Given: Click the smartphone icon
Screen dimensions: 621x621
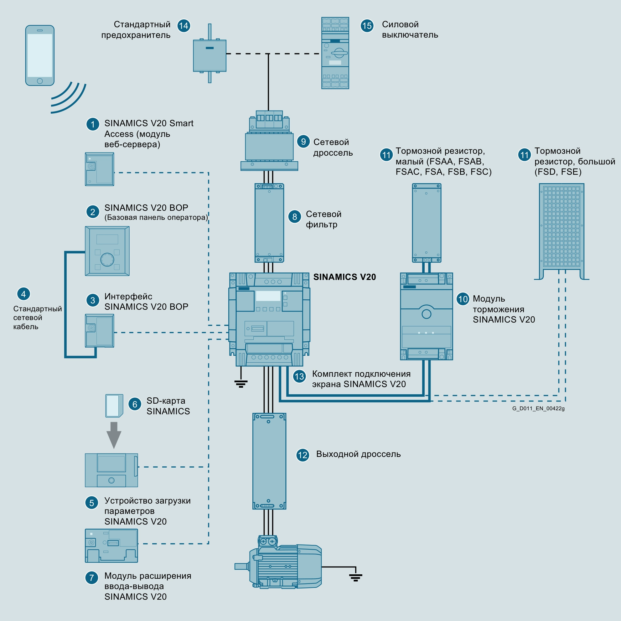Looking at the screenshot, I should [x=40, y=55].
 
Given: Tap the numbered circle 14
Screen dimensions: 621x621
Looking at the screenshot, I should [x=184, y=26].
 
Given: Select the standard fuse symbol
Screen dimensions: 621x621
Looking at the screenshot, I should [x=210, y=55].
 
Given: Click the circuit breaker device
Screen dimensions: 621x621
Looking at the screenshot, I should [x=335, y=53].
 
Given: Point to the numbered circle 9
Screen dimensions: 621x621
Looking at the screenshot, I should [x=303, y=142].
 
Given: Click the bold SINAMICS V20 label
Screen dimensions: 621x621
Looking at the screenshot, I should [x=344, y=277].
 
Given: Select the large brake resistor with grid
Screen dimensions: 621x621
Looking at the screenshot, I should [x=561, y=227].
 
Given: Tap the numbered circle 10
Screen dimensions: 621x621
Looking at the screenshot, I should [x=463, y=299].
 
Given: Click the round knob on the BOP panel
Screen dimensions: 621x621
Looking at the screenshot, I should [x=107, y=259].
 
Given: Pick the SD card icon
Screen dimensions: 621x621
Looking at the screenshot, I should [x=114, y=406].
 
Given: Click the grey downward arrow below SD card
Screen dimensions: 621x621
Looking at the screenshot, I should [x=114, y=435].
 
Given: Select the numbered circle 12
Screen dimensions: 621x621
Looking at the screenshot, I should [x=303, y=455].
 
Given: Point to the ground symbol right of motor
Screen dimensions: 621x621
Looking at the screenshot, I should [x=355, y=577].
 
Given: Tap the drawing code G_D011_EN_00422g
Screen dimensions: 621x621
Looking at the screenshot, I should [x=538, y=409].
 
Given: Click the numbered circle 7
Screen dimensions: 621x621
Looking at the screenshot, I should [x=92, y=577].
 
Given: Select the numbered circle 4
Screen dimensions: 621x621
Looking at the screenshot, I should [x=23, y=294].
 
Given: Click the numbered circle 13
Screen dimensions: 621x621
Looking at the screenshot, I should [x=299, y=376].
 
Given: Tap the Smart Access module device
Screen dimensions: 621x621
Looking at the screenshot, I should [x=99, y=169].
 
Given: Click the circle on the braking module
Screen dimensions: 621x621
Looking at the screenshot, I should [x=426, y=314].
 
